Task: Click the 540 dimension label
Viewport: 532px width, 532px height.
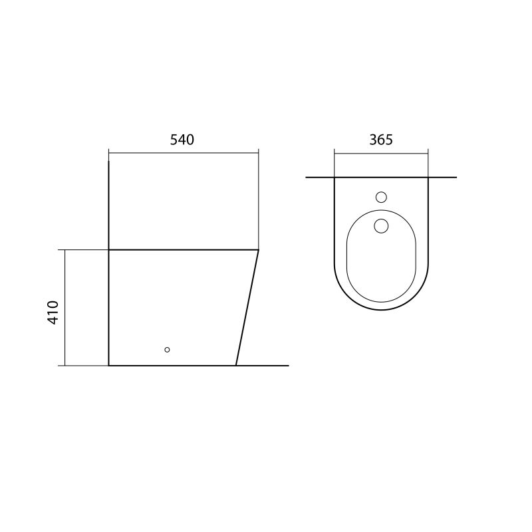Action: [x=182, y=140]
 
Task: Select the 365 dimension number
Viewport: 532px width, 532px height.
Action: [x=381, y=140]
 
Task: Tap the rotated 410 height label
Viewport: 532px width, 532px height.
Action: [x=53, y=313]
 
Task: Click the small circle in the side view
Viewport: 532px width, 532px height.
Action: [x=167, y=350]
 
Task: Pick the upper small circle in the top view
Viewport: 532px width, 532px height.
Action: [x=381, y=197]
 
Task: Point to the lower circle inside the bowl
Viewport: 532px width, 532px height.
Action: [x=381, y=226]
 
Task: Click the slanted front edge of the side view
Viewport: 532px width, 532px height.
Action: [x=247, y=308]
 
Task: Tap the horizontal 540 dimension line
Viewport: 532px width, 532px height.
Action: [x=184, y=154]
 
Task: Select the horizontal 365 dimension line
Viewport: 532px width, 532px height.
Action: [x=381, y=154]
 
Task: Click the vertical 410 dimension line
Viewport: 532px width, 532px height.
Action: [x=65, y=308]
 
